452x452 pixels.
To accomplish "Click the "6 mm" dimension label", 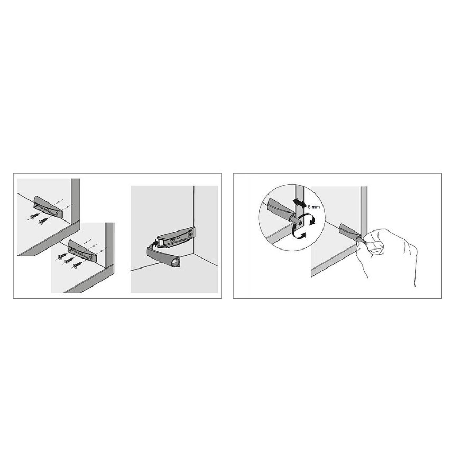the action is [x=313, y=207].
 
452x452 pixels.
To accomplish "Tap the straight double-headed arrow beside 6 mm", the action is [x=300, y=203].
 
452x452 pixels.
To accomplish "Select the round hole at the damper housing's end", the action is [x=174, y=262].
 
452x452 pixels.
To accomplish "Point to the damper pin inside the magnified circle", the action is [x=297, y=220].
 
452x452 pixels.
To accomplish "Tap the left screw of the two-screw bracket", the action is [x=34, y=216].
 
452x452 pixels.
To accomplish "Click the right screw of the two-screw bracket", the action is [x=43, y=222].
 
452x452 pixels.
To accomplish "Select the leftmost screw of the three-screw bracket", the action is [x=62, y=256].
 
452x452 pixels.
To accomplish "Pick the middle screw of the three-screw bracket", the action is [x=68, y=261].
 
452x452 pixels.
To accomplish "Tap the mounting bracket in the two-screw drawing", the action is [x=48, y=206].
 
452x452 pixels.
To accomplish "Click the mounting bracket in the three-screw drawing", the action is [x=81, y=251].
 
